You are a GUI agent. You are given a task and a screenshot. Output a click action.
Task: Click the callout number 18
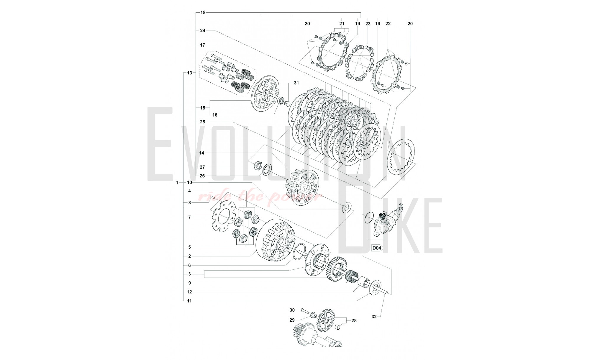[x=203, y=12]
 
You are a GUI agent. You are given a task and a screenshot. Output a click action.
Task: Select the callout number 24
[x=203, y=30]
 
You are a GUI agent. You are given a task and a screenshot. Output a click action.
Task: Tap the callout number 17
[x=203, y=45]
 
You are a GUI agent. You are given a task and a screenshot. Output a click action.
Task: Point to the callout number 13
[x=189, y=73]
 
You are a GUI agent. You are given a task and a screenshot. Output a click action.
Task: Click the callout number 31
[x=296, y=83]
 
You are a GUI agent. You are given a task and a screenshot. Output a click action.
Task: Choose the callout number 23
[x=368, y=24]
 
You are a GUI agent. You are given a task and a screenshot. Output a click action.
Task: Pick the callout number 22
[x=388, y=24]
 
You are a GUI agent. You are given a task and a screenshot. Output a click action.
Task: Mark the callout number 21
[x=342, y=24]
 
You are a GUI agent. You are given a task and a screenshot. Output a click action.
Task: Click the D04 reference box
[x=376, y=248]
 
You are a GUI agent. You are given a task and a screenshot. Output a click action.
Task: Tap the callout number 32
[x=374, y=317]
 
